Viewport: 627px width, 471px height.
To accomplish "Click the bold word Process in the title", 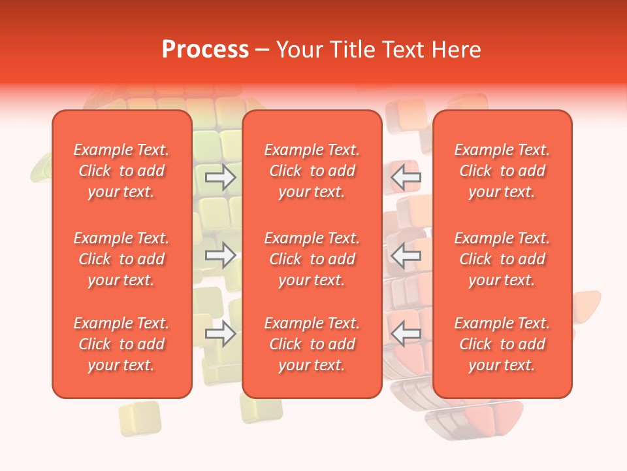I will click(205, 50).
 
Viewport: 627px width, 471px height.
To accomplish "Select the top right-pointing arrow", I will click(221, 177).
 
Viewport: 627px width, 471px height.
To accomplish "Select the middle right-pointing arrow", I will click(221, 256).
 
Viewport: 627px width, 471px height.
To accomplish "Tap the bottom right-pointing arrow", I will click(221, 334).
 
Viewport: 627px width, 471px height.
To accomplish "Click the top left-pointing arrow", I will click(406, 177).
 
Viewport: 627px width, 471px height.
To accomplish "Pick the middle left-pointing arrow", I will click(406, 256).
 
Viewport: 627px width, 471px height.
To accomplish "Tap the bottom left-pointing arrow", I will click(406, 334).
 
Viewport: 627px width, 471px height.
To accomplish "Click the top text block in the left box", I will click(121, 171).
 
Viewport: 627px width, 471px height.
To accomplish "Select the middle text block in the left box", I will click(121, 259).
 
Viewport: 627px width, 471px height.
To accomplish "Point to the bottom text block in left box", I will click(121, 344).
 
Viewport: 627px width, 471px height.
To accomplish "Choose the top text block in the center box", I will click(312, 171).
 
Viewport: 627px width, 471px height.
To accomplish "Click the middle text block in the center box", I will click(312, 259).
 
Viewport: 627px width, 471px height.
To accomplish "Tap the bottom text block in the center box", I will click(312, 344).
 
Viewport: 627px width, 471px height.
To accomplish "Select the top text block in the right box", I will click(502, 171).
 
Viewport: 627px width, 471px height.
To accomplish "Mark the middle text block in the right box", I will click(502, 259).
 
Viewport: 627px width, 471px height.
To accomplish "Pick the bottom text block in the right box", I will click(502, 344).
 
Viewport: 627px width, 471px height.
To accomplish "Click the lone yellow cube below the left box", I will click(140, 418).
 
